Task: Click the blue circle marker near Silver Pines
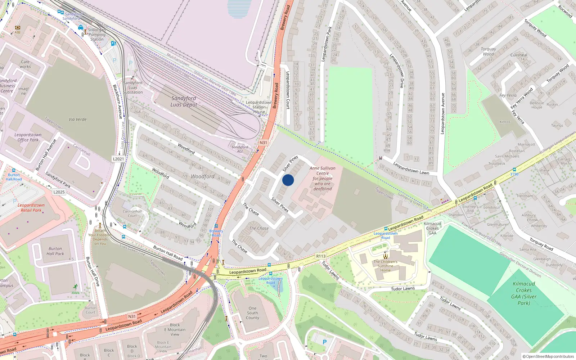point(288,180)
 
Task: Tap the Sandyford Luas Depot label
point(184,101)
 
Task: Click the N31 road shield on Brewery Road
point(264,143)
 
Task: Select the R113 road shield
point(320,256)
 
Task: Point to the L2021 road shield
point(118,159)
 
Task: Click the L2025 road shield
point(59,192)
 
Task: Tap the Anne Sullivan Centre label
point(323,178)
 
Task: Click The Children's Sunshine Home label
point(385,266)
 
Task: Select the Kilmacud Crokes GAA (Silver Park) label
point(524,293)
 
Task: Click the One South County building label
point(252,313)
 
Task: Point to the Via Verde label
point(77,119)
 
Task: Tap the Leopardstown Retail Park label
point(31,207)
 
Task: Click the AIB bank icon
point(17,28)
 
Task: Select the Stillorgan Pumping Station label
point(97,35)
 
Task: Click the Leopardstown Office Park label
point(28,137)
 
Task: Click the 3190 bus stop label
point(514,174)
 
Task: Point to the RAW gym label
point(76,293)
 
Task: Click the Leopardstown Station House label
point(259,107)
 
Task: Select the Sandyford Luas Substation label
point(133,87)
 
